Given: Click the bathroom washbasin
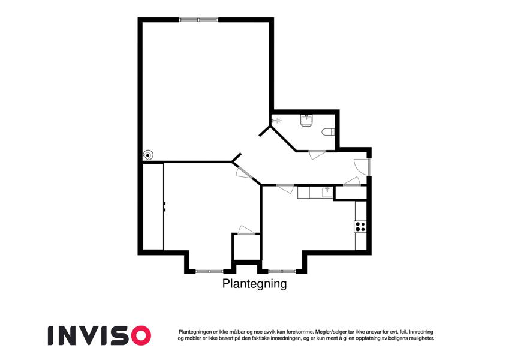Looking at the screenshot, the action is (306, 120).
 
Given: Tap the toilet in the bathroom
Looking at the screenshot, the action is (328, 132).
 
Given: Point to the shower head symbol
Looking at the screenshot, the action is (276, 121).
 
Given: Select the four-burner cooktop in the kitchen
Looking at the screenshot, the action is (360, 226).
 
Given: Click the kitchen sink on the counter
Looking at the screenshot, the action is (327, 193).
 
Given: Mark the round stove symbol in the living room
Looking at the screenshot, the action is (148, 155).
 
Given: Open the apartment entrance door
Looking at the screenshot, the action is (362, 167).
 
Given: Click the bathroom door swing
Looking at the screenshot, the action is (317, 155).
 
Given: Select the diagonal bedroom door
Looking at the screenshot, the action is (243, 173).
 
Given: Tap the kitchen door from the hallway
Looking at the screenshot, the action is (285, 189).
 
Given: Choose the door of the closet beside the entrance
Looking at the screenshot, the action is (351, 182).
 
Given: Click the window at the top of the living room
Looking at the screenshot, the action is (198, 20).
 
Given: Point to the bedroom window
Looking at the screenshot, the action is (209, 271).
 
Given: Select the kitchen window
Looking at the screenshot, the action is (282, 271).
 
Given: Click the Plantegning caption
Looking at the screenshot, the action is (254, 284).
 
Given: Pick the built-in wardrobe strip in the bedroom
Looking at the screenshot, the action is (153, 206).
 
